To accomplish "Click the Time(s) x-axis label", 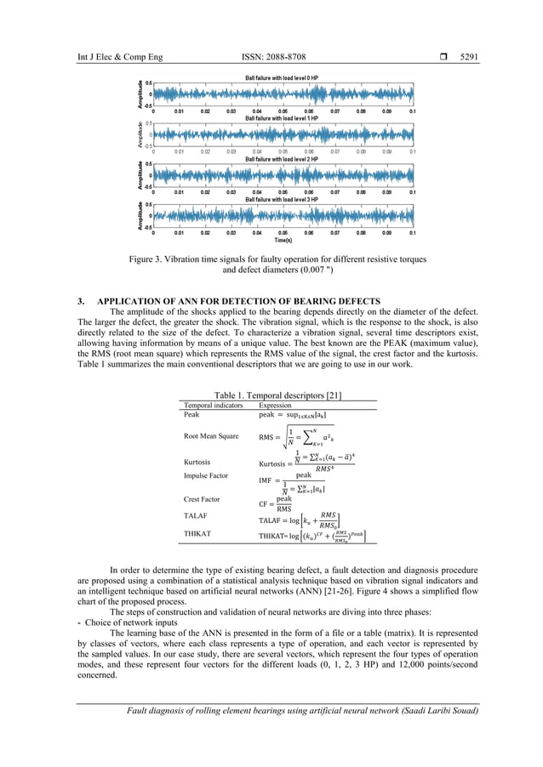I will pos(282,240).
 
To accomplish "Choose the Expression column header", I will pos(276,406).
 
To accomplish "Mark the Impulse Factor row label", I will pos(210,476).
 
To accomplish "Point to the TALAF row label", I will pos(196,516).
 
